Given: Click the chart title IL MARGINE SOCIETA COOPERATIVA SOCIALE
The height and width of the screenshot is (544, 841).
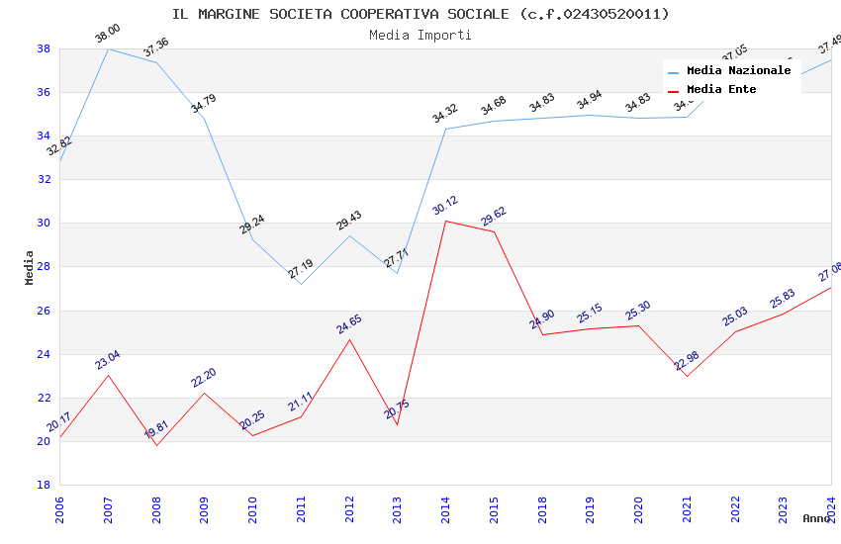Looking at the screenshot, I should (x=420, y=14).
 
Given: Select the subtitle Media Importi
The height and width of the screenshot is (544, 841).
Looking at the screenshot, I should (x=420, y=35).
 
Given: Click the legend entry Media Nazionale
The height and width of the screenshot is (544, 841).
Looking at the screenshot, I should (x=738, y=70).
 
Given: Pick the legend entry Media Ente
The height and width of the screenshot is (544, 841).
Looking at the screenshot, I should (x=721, y=89).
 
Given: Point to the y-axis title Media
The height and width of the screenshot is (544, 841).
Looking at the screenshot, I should (x=30, y=267).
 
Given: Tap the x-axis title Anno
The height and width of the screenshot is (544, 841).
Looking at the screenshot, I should (x=816, y=518).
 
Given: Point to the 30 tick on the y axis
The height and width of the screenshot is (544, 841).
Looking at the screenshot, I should (x=44, y=224).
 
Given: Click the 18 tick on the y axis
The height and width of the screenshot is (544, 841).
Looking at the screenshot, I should (x=44, y=485).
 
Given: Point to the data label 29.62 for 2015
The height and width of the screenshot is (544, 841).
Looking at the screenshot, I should (x=494, y=217).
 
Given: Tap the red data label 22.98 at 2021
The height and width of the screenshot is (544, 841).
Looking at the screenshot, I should (x=687, y=361).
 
